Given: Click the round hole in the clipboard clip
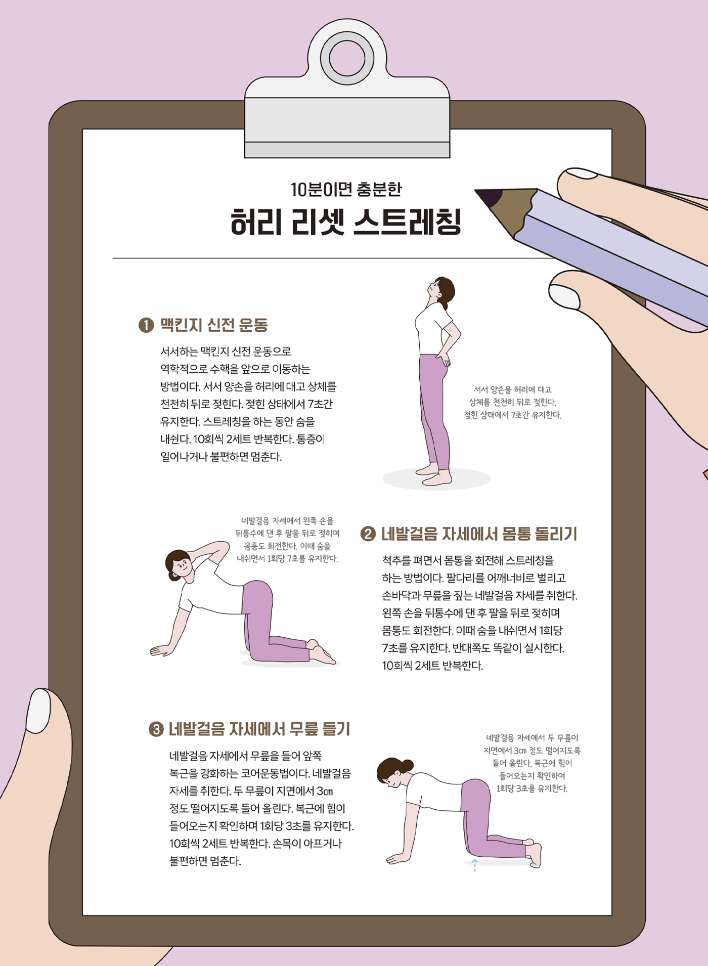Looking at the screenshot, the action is pyautogui.click(x=347, y=58).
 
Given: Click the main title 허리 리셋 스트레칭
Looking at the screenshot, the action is pyautogui.click(x=346, y=223).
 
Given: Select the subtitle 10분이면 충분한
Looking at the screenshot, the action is pyautogui.click(x=346, y=189).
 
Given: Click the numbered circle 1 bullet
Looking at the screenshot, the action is pyautogui.click(x=146, y=325).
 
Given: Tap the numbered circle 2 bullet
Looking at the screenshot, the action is pyautogui.click(x=368, y=534).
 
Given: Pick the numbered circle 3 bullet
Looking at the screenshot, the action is pyautogui.click(x=156, y=729).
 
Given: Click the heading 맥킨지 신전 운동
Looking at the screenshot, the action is pyautogui.click(x=214, y=325).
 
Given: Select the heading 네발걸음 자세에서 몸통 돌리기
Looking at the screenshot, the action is pyautogui.click(x=479, y=534).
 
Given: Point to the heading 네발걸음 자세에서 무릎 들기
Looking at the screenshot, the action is pyautogui.click(x=259, y=729).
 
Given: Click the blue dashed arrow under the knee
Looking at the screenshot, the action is pyautogui.click(x=474, y=865).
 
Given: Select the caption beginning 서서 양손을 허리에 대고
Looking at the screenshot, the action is pyautogui.click(x=512, y=403).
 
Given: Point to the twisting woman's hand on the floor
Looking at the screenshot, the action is pyautogui.click(x=162, y=650).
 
